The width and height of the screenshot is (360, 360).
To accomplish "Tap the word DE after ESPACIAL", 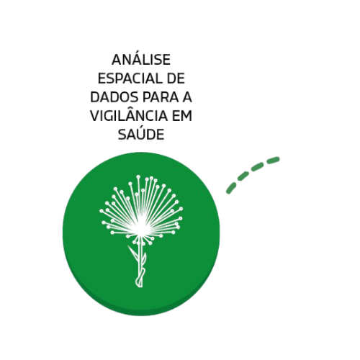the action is pyautogui.click(x=176, y=78).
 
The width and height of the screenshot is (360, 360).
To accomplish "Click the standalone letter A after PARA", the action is pyautogui.click(x=187, y=97).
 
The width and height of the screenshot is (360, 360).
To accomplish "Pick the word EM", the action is pyautogui.click(x=182, y=116).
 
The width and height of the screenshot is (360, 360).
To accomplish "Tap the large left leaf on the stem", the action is pyautogui.click(x=133, y=253).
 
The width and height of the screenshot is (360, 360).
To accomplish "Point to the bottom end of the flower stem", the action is pyautogui.click(x=139, y=286).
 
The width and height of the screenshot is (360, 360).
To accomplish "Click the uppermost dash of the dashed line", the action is pyautogui.click(x=273, y=160).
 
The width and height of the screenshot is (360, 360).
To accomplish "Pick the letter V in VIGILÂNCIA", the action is pyautogui.click(x=95, y=116).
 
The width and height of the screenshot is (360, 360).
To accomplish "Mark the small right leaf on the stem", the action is pyautogui.click(x=144, y=258).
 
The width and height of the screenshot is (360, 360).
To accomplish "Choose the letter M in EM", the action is pyautogui.click(x=186, y=116).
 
